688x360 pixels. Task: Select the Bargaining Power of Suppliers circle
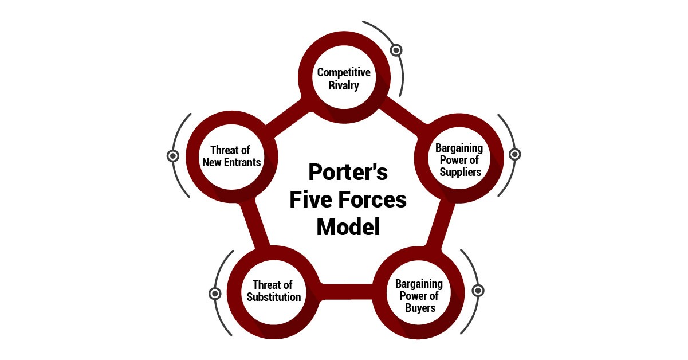[459, 161]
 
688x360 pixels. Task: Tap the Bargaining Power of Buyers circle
[419, 296]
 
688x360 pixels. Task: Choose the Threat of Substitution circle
[274, 291]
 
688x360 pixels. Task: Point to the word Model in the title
[348, 227]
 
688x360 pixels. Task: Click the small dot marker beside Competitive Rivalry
[396, 50]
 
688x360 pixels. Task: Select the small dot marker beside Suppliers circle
[514, 154]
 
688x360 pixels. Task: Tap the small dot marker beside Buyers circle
[478, 290]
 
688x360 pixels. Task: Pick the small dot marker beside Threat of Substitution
[215, 294]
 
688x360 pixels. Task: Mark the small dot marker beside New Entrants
[172, 155]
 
